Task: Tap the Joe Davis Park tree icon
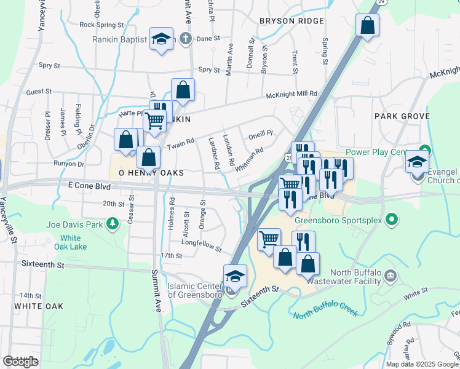[x=112, y=225]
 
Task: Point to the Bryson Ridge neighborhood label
[x=291, y=22]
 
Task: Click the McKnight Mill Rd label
[x=291, y=94]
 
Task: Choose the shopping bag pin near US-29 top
[x=367, y=26]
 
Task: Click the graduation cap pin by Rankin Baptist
[x=161, y=39]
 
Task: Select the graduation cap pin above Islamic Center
[x=235, y=276]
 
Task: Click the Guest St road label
[x=39, y=92]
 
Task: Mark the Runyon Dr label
[x=68, y=164]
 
